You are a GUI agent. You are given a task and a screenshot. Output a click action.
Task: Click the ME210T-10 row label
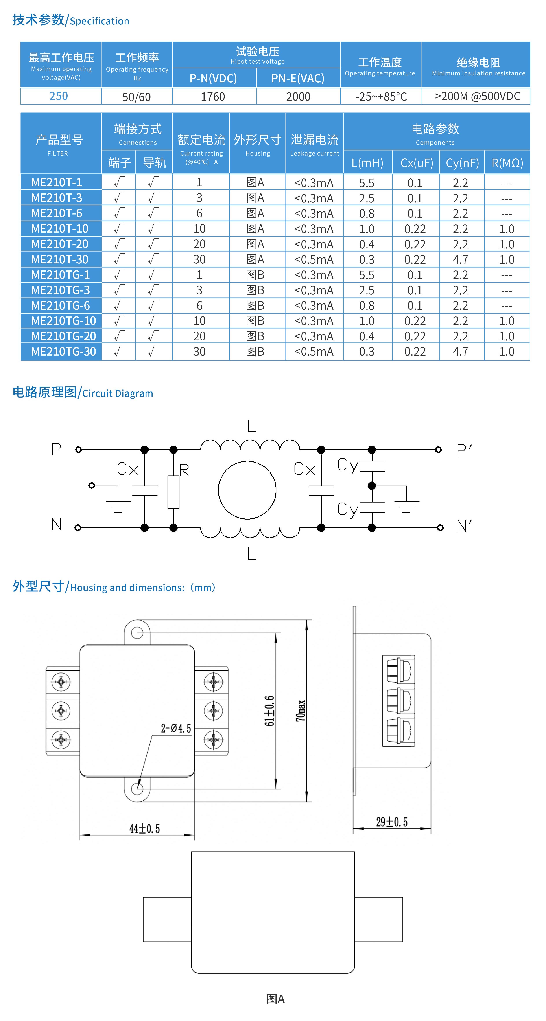click(59, 229)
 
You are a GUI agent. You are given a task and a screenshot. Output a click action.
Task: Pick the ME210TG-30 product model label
click(63, 352)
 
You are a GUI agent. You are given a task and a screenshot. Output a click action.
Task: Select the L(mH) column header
click(367, 163)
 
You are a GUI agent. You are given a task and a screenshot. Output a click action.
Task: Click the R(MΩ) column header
click(507, 163)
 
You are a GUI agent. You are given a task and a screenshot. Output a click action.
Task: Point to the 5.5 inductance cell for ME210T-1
click(367, 183)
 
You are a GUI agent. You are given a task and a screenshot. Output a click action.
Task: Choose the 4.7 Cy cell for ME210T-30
click(460, 260)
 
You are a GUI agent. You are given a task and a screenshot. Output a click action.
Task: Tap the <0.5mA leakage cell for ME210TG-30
click(314, 352)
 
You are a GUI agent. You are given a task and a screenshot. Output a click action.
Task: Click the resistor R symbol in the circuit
click(173, 492)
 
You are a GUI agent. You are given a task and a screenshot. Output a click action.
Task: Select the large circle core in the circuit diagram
click(247, 490)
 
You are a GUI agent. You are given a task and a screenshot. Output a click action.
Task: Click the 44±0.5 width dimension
click(144, 829)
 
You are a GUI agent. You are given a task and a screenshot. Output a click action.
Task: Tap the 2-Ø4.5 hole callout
click(176, 728)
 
